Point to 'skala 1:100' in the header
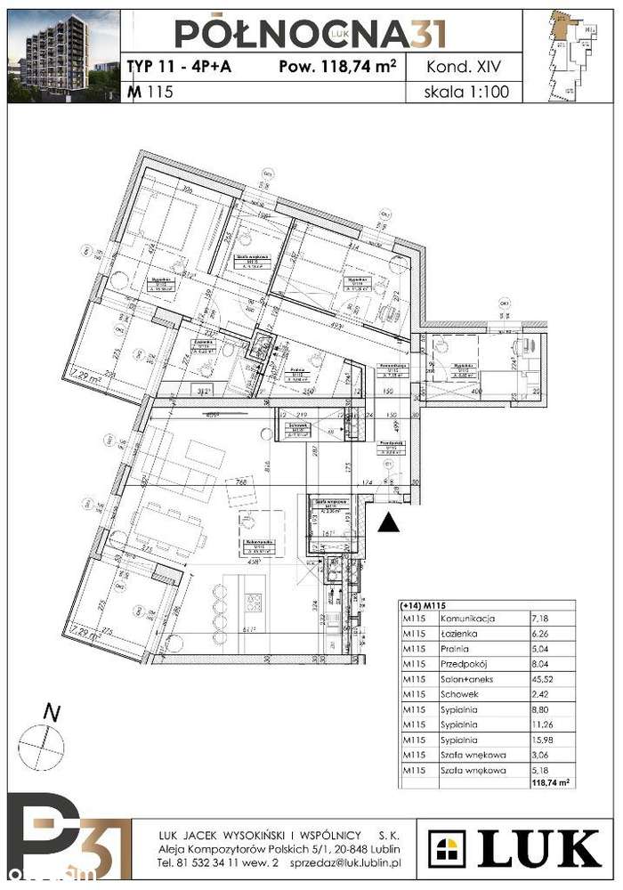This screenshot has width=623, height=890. pos(468,92)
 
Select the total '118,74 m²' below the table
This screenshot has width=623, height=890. pos(549,783)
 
